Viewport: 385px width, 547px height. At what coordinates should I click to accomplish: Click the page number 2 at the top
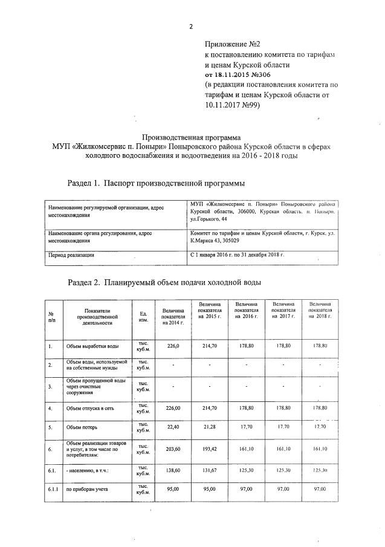192,26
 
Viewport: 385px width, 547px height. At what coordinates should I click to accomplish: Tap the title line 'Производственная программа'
191,137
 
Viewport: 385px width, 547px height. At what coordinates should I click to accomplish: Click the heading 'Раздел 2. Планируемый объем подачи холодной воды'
164,282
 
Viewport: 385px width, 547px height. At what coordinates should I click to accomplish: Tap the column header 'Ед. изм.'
144,317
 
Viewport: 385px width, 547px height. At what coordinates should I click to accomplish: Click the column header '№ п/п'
51,317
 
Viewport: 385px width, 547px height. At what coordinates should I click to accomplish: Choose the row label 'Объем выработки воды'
92,346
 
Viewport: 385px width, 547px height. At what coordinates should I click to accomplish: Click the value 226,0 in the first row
173,346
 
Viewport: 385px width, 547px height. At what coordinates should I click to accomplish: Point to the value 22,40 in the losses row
173,427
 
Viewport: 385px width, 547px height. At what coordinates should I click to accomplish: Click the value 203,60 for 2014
173,449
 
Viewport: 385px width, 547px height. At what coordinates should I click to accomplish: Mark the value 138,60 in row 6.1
173,470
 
